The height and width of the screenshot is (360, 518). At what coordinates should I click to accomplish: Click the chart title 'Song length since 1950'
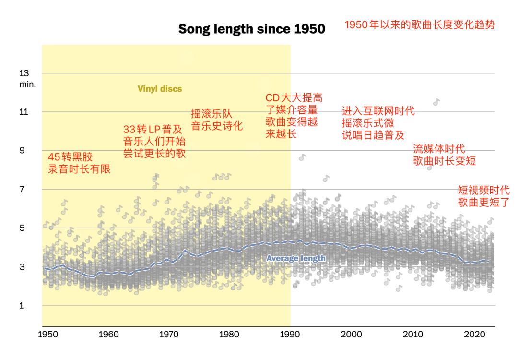252,29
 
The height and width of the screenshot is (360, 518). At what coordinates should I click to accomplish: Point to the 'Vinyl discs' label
160,89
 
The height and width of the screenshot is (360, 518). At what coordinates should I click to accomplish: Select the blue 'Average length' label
296,258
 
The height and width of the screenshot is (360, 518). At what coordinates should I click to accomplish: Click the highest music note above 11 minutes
436,102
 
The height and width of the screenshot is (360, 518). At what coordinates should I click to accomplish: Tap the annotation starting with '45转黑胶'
79,163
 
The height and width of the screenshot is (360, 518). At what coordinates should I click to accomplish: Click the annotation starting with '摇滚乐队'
217,120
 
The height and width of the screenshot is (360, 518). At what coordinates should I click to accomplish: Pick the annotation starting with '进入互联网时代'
378,123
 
